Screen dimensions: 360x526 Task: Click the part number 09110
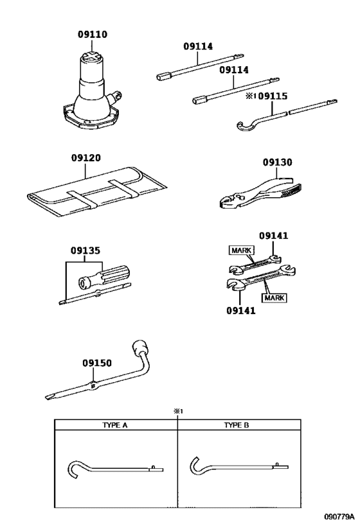(x=93, y=34)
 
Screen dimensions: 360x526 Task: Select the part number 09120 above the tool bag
(x=85, y=157)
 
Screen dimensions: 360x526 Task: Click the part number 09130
(x=277, y=162)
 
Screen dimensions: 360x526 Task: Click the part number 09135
(x=85, y=250)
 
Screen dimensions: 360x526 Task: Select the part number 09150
(x=97, y=363)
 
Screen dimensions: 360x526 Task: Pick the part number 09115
(x=273, y=96)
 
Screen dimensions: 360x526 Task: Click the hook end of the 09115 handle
(x=246, y=126)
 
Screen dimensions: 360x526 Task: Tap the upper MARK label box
(x=242, y=250)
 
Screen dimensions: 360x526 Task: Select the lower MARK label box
(x=274, y=297)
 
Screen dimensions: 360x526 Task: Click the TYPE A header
(x=115, y=425)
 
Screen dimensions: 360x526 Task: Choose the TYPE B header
(x=237, y=425)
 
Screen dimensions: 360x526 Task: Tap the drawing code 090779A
(x=339, y=516)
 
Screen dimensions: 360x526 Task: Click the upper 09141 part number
(x=273, y=236)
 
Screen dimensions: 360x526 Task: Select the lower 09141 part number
(x=241, y=311)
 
